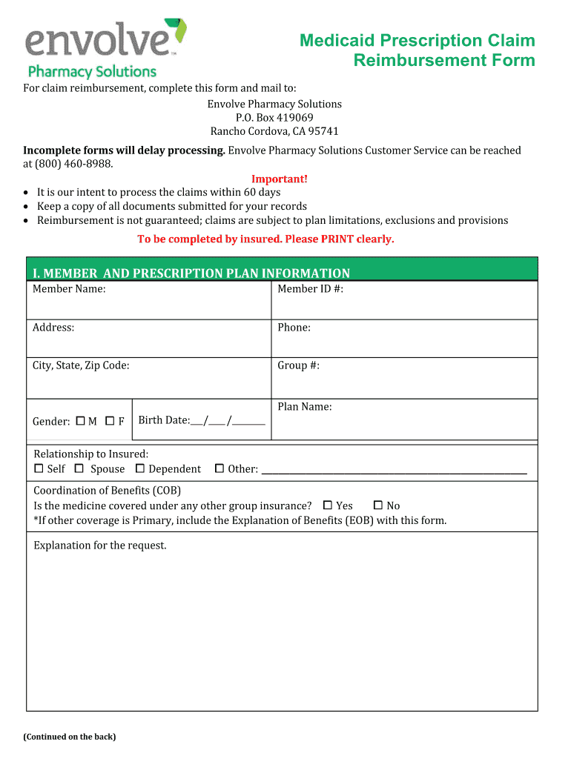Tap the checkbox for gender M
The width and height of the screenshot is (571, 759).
click(81, 421)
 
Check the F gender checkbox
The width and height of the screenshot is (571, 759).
click(110, 421)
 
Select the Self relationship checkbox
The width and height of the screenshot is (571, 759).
click(39, 468)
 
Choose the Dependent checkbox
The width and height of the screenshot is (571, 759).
click(140, 468)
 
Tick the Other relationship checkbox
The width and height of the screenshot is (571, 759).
click(219, 468)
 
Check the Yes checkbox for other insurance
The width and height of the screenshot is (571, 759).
click(328, 506)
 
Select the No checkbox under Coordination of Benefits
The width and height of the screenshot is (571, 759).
click(377, 506)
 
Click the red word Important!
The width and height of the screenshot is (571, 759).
click(279, 179)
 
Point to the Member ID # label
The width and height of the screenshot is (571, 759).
click(310, 289)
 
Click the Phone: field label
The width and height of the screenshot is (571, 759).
click(294, 328)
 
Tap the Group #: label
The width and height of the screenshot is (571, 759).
click(298, 365)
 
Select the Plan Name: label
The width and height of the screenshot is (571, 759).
click(304, 406)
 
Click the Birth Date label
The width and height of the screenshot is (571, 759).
click(164, 420)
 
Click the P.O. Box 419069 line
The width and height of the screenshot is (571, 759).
click(274, 118)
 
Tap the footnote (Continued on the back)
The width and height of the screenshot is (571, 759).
click(69, 737)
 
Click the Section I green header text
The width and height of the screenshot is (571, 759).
click(188, 274)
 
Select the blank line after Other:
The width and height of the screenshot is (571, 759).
click(394, 470)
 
